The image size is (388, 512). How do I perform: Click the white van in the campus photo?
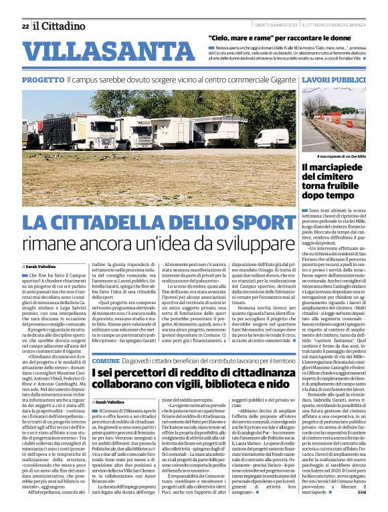point(271,139)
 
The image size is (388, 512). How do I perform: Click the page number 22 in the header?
point(25,26)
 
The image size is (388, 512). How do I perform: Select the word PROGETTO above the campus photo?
point(43,80)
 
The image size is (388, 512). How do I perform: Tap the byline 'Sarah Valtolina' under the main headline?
point(41,266)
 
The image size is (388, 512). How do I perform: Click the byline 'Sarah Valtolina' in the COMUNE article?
point(111,401)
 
